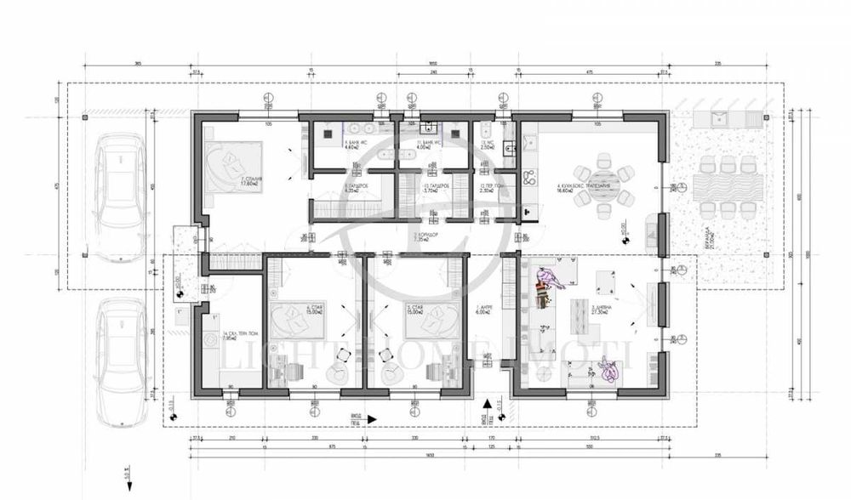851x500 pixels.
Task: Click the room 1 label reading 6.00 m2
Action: click(484, 311)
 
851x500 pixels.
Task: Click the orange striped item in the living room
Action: click(542, 293)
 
